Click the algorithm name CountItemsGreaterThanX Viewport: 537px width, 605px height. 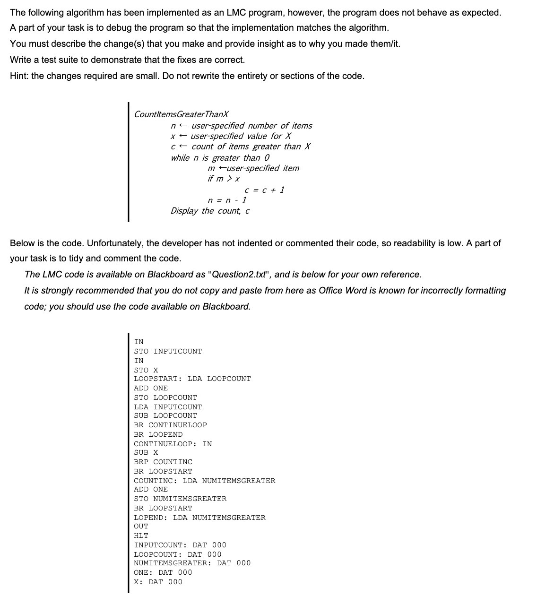tap(182, 114)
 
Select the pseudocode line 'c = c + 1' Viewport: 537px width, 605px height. tap(264, 190)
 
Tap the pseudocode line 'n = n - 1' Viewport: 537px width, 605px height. tap(227, 200)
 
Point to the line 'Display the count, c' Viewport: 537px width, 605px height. tap(210, 211)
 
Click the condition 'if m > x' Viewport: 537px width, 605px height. tap(224, 179)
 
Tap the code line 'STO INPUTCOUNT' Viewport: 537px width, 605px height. tap(168, 351)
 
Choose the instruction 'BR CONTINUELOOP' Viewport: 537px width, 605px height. tap(170, 425)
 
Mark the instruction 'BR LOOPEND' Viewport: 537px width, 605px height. tap(158, 434)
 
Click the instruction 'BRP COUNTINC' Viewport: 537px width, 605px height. tap(163, 462)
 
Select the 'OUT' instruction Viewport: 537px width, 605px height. tap(141, 526)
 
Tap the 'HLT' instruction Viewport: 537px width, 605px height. tap(141, 536)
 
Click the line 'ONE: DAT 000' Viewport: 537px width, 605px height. tap(163, 572)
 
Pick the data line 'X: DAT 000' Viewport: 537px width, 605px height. tap(158, 582)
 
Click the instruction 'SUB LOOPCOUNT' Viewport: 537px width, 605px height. tap(165, 415)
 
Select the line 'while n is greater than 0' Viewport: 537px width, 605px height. tap(220, 158)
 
